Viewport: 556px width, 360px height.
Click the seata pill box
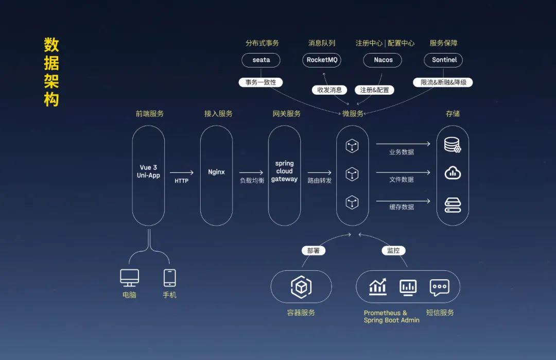261,60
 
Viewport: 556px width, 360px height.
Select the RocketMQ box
322,60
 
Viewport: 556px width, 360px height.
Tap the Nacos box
383,60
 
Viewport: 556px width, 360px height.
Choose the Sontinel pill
444,60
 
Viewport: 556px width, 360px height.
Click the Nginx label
216,172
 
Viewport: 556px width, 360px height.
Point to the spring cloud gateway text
284,172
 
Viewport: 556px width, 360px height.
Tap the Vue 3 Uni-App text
148,172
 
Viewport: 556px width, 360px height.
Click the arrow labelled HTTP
182,173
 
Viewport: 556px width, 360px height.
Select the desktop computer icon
129,278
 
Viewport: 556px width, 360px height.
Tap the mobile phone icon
169,278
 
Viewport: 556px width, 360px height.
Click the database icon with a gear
453,145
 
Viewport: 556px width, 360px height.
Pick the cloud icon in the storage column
453,173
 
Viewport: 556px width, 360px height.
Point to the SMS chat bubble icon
439,287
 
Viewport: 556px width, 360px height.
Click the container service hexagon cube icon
301,287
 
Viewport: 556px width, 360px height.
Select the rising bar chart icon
378,287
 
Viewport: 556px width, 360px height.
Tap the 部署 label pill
313,251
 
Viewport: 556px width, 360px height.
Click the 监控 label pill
393,251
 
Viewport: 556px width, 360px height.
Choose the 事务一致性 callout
260,82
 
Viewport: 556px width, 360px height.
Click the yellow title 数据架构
51,72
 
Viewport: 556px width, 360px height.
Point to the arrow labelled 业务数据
403,144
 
